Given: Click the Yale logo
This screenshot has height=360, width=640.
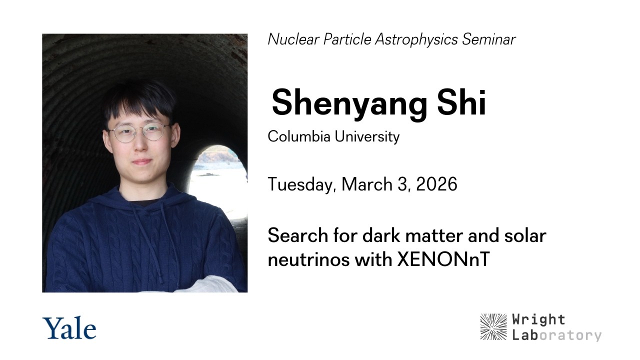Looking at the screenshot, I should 69,328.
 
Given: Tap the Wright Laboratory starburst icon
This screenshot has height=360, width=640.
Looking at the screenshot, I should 493,326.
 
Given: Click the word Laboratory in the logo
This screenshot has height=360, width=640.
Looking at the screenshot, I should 556,334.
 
